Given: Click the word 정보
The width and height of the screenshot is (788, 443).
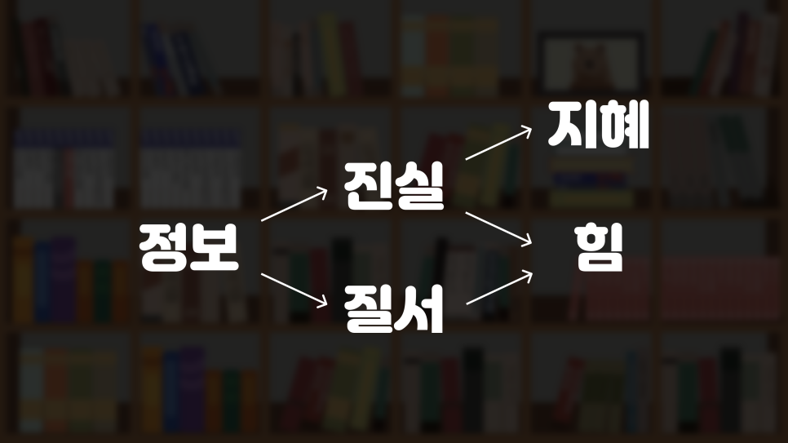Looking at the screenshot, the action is pos(188,248).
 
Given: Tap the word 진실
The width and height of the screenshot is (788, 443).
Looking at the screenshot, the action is pos(393,187).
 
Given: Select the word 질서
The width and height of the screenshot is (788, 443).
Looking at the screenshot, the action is pos(393,309).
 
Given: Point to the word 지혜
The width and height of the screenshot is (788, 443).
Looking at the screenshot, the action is pos(598,126).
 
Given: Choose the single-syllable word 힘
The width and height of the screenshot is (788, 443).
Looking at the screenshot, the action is pos(598,248).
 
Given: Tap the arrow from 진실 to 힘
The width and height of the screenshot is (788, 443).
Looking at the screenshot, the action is pos(497,228).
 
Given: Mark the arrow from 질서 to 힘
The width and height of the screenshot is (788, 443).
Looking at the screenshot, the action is pos(497,289).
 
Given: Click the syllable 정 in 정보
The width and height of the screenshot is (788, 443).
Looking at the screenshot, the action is pos(163,248).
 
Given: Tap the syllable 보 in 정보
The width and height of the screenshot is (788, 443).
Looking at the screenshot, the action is pos(214,248).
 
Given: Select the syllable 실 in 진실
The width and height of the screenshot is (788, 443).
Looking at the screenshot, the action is pos(419,187).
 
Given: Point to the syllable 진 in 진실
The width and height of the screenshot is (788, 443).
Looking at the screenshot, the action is pos(368,187).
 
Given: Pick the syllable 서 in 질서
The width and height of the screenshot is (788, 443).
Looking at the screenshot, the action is pos(419,309).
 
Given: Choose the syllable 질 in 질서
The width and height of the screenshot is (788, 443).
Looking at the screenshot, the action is pos(368,309).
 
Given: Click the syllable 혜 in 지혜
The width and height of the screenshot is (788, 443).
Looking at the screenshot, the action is pos(624,126).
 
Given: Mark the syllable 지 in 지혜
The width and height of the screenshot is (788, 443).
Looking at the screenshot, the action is pos(573,126).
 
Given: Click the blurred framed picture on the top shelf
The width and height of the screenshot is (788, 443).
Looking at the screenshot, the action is pos(585,60).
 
